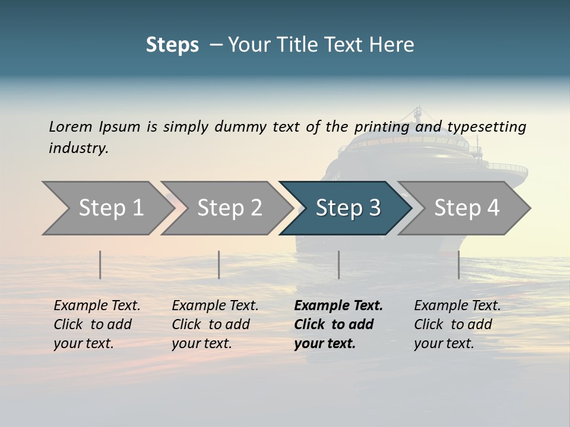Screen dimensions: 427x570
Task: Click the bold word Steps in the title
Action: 172,45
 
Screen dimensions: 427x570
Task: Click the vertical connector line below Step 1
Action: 100,265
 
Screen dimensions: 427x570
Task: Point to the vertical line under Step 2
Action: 219,265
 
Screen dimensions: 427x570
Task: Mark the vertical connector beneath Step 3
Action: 339,265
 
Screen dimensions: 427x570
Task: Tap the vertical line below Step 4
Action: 459,265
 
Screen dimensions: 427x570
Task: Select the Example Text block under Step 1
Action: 97,324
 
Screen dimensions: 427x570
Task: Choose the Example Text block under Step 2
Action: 215,324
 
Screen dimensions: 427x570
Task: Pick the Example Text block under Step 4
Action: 457,324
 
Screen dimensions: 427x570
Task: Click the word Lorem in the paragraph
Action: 70,127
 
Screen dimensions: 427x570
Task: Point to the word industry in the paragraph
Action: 78,148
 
